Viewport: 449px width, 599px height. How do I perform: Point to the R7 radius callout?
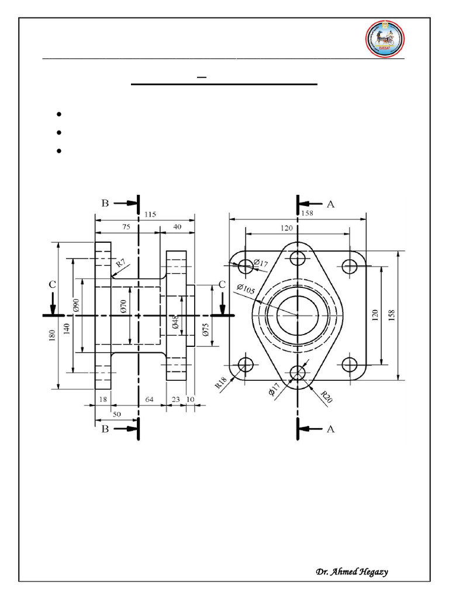120,263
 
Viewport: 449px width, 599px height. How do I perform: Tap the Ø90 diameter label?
75,305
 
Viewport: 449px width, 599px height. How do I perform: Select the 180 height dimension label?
53,335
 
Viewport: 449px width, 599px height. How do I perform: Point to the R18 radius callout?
221,383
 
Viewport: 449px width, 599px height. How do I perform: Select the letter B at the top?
105,204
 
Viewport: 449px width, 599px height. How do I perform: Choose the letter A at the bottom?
330,429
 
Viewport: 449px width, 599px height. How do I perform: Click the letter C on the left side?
52,284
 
